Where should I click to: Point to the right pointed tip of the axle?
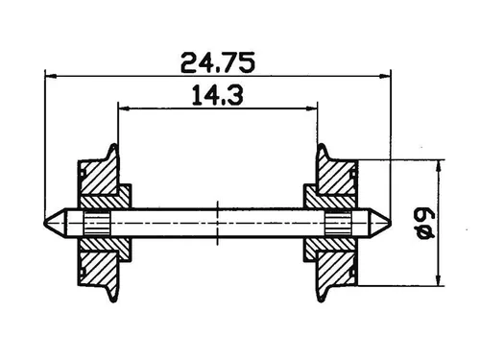click(x=389, y=224)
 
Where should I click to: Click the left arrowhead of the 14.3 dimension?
click(x=123, y=108)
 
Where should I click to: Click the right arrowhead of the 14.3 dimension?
click(x=313, y=108)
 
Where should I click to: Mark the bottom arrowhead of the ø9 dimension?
click(x=439, y=280)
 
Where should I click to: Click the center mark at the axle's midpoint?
click(x=218, y=224)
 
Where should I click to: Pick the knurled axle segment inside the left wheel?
click(x=97, y=224)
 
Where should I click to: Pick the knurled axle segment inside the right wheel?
click(x=337, y=224)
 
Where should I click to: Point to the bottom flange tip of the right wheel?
click(x=322, y=300)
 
